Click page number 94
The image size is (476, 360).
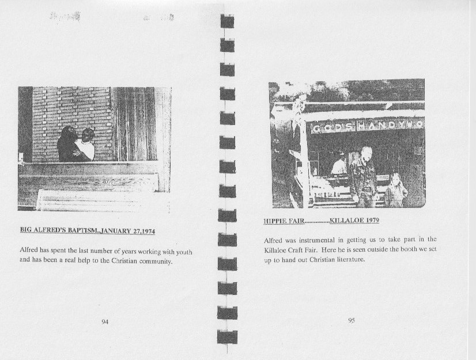105,322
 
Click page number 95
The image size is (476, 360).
351,320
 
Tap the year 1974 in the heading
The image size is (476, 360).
149,232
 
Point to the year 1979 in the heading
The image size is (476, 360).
372,220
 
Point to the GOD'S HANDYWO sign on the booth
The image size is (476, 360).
367,126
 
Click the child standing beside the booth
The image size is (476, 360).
396,190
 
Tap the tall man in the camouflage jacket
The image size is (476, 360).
364,177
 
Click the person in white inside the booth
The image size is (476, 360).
339,165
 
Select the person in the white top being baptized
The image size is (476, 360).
86,145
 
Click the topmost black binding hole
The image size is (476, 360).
227,21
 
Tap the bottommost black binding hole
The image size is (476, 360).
227,337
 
